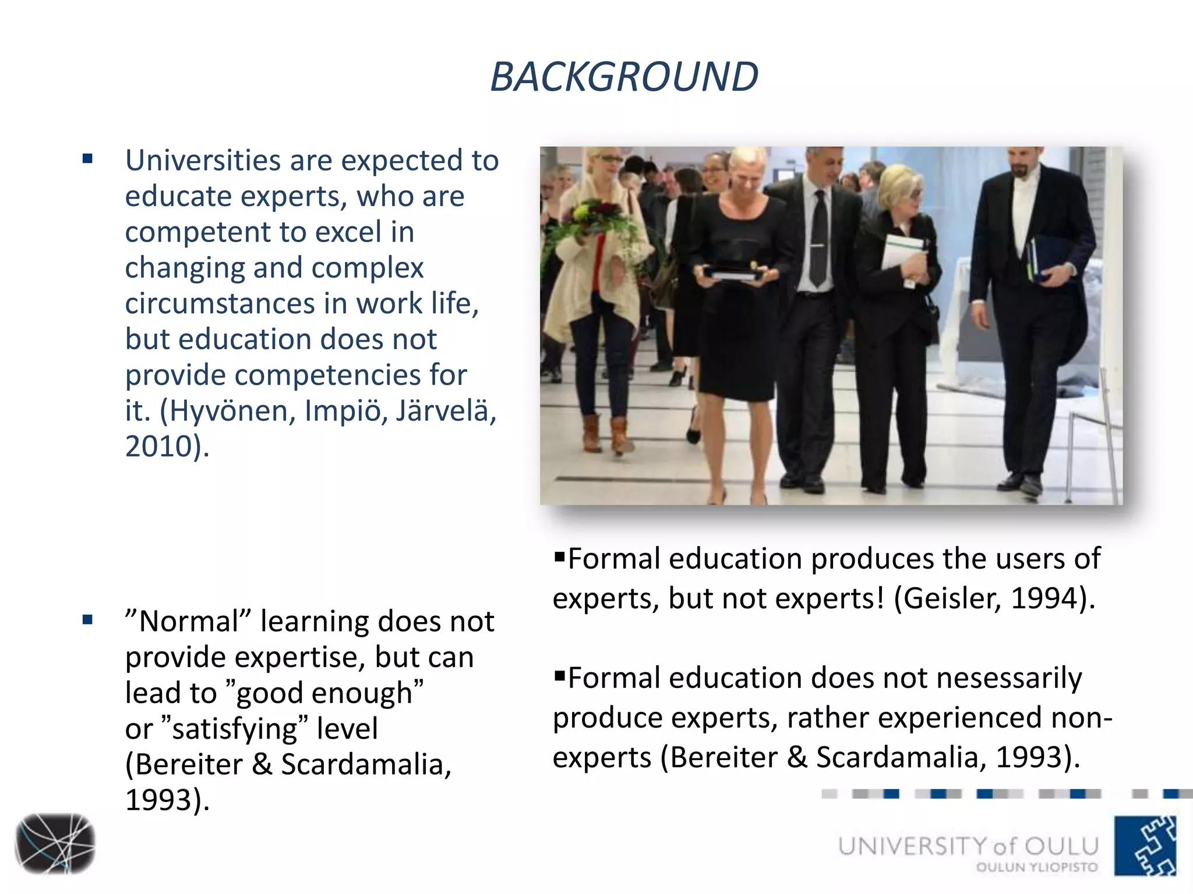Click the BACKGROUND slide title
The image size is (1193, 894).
click(x=624, y=77)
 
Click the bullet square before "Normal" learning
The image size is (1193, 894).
click(x=88, y=620)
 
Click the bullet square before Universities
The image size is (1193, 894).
click(x=88, y=159)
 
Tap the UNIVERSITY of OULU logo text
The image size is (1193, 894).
click(x=968, y=846)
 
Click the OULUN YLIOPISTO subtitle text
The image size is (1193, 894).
click(x=1037, y=867)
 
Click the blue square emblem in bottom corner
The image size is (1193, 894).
click(x=1145, y=845)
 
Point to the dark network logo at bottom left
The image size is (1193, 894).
click(x=55, y=843)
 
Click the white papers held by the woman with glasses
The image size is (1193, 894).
click(x=902, y=251)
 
